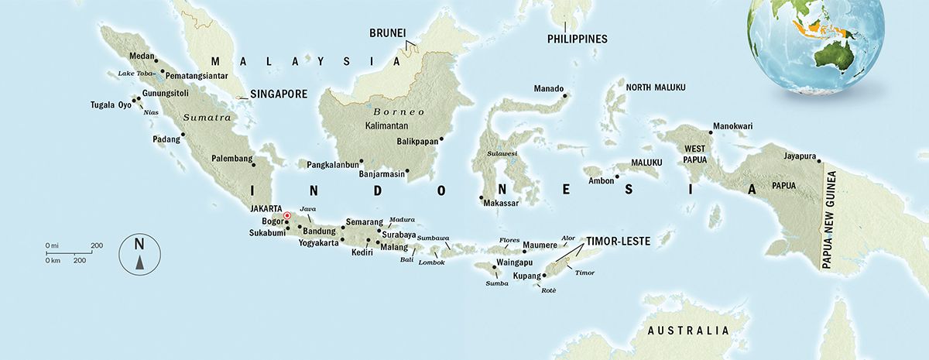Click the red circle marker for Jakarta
(286, 216)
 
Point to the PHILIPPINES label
(577, 39)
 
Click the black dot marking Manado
(566, 96)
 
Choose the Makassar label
(500, 204)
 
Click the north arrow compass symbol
(139, 255)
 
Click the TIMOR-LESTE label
(618, 241)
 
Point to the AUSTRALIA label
(689, 331)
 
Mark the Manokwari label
(732, 126)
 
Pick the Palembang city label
(231, 159)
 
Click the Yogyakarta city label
(318, 243)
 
